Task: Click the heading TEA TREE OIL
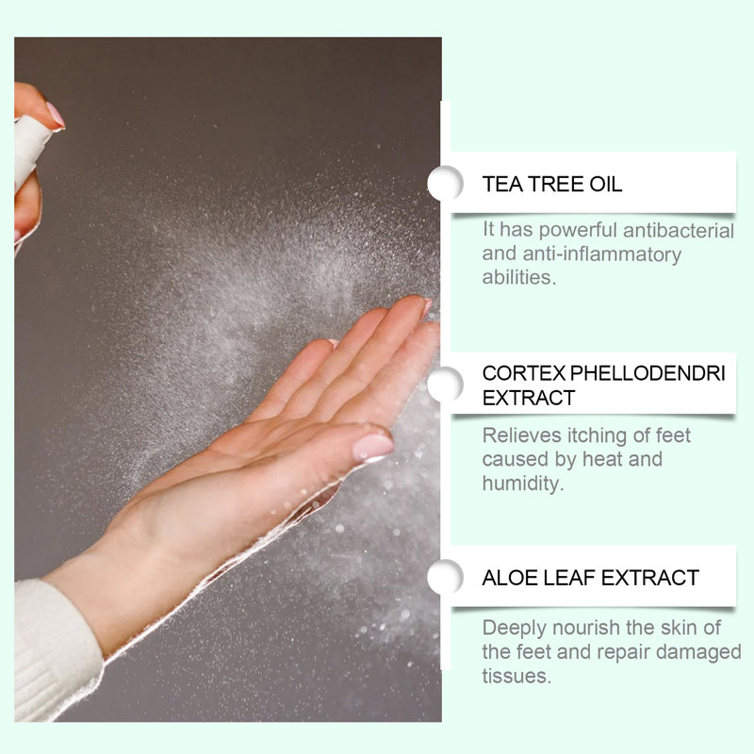551,184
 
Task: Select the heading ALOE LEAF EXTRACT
591,578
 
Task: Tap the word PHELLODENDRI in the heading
647,373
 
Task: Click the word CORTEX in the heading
524,373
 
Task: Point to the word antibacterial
679,230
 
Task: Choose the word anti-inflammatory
601,254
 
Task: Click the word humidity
523,483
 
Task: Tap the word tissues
516,676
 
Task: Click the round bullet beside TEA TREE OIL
445,183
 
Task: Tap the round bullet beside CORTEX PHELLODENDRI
445,385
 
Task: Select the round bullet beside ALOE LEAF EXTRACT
445,576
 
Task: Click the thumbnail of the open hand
373,447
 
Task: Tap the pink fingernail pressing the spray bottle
56,115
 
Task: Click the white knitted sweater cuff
56,649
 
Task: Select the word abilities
519,277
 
